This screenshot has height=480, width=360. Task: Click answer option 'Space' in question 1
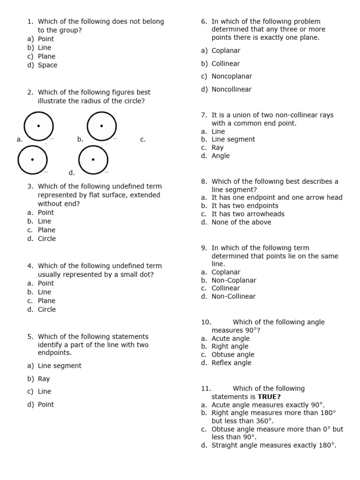tap(47, 65)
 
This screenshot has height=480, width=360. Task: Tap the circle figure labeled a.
tap(38, 126)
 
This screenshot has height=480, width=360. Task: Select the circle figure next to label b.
tap(102, 126)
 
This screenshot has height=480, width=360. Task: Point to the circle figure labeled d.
tap(93, 159)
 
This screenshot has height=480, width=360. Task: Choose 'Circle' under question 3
tap(47, 239)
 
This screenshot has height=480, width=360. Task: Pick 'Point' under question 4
tap(46, 283)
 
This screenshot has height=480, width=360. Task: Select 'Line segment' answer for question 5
tap(60, 366)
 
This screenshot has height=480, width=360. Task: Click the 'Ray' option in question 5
tap(44, 379)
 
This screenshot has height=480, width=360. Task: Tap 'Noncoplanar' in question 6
tap(232, 76)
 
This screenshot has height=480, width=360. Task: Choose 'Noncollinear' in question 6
tap(232, 89)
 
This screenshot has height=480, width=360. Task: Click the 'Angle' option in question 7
tap(220, 156)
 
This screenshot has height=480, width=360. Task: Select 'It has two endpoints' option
tap(245, 206)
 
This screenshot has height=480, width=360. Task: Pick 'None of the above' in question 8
tap(241, 222)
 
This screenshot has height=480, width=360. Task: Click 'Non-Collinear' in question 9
tap(233, 296)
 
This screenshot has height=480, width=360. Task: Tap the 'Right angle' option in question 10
tap(230, 346)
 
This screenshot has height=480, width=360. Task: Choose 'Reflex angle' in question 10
tap(231, 363)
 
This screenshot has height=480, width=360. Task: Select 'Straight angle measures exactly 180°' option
tap(273, 445)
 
